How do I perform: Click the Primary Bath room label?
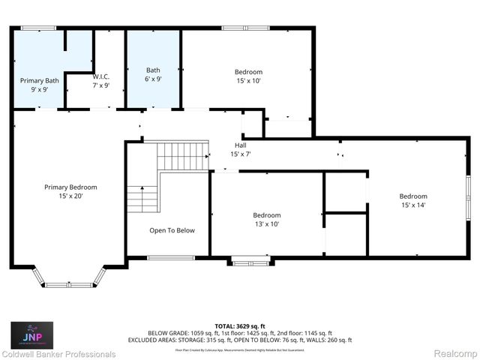pos(39,84)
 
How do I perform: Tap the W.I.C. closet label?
pos(100,80)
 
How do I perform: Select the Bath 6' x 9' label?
pos(153,73)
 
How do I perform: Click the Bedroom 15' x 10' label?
pos(248,76)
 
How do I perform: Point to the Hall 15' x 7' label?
pos(240,149)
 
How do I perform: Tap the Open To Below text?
pos(172,230)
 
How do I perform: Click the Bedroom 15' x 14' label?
pos(413,200)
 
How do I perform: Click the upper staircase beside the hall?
pos(181,156)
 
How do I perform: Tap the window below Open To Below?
pos(171,259)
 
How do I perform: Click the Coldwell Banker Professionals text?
pos(58,354)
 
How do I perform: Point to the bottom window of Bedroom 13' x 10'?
pos(250,261)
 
